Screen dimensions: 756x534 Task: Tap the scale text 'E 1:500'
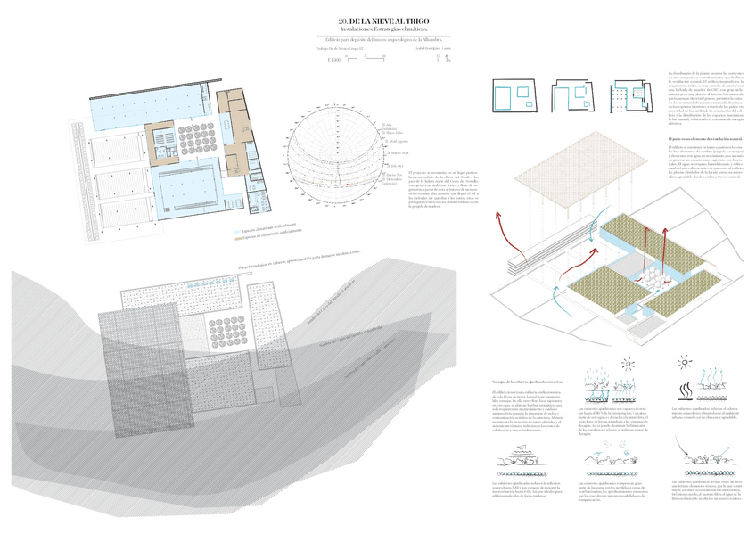[x=334, y=59]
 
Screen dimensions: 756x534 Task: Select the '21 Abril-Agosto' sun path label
[x=398, y=141]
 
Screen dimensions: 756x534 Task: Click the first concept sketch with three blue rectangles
[x=512, y=94]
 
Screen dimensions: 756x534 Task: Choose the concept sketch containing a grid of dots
[x=629, y=96]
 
